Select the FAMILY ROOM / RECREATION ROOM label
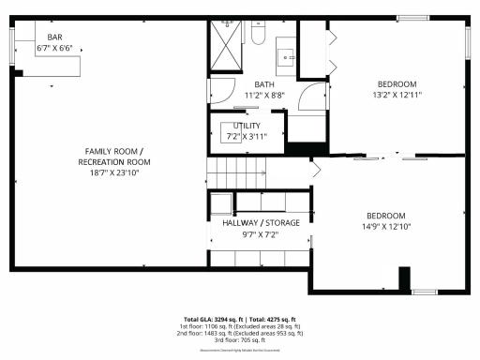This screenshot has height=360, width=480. pos(114,157)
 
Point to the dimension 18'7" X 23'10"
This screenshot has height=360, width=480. pos(114,173)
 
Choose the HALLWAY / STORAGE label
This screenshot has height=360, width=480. pos(261,223)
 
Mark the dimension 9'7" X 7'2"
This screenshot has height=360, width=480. pos(261,235)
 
